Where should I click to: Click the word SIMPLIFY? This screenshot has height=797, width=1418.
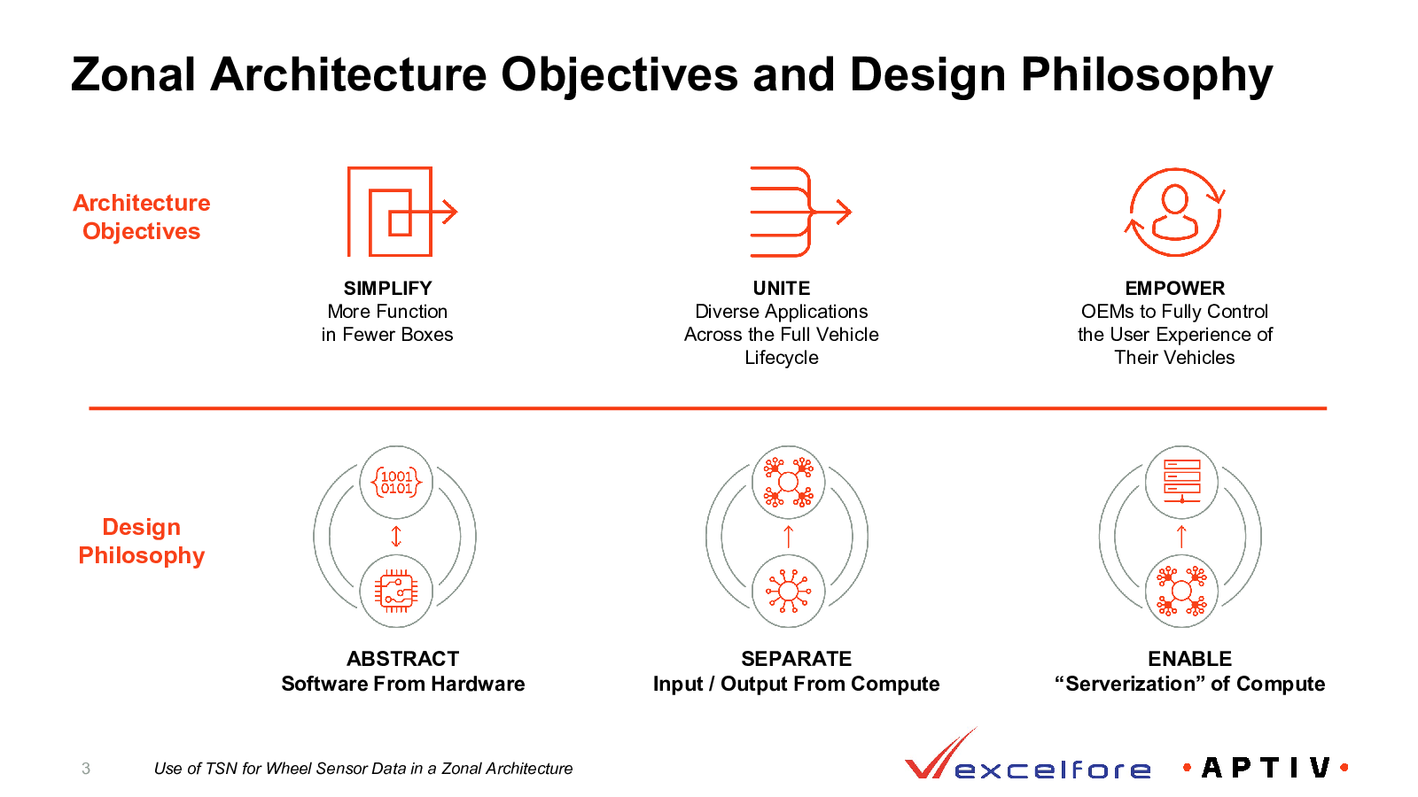point(387,289)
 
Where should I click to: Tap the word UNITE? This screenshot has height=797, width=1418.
point(781,289)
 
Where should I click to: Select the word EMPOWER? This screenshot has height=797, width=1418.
point(1175,289)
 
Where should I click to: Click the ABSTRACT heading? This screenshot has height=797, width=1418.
point(402,659)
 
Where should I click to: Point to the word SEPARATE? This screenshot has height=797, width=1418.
point(797,659)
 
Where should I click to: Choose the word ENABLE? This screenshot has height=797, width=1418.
point(1190,659)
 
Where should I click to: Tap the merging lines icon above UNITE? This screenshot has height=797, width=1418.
point(801,212)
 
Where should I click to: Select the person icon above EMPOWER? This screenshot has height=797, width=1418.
point(1175,212)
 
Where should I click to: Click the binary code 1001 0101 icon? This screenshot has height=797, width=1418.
point(396,482)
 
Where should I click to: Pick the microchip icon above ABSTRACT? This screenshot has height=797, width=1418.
point(396,592)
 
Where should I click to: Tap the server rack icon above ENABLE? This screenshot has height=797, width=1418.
point(1182,481)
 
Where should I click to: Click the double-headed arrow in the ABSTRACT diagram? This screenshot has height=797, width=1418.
point(396,537)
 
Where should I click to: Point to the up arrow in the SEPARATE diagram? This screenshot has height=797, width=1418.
point(788,537)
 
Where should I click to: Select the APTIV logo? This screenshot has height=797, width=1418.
point(1266,768)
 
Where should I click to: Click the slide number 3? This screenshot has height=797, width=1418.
point(86,769)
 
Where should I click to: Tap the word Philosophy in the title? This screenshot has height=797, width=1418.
point(1147,75)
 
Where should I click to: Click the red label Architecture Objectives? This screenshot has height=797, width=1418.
point(141,217)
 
